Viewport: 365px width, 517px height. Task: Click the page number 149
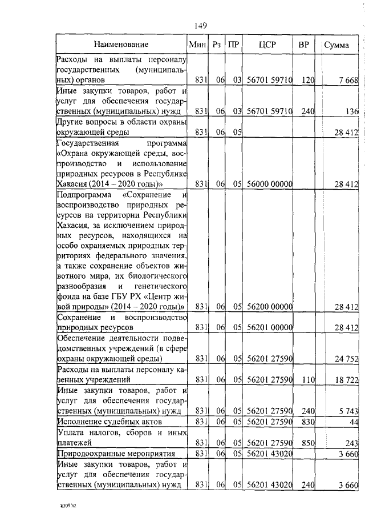200,25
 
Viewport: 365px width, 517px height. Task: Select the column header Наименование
121,45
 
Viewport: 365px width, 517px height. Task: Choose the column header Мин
197,45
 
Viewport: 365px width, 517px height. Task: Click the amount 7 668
347,81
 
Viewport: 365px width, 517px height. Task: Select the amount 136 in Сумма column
351,111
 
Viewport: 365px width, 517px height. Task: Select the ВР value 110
308,379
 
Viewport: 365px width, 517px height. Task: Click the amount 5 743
347,411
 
